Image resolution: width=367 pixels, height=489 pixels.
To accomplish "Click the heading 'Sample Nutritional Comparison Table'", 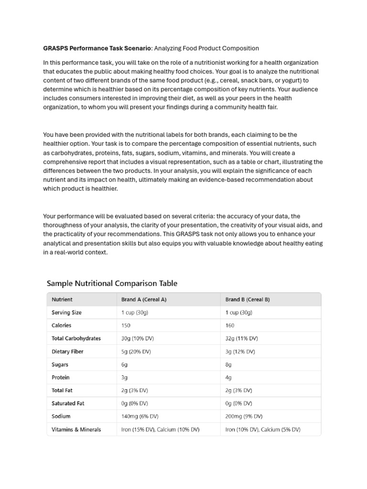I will click(x=112, y=283).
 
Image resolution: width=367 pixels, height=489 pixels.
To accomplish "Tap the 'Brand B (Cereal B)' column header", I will click(x=248, y=299).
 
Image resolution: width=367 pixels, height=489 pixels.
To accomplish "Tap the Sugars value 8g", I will click(x=228, y=364).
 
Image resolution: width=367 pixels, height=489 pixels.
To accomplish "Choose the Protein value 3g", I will click(x=125, y=377).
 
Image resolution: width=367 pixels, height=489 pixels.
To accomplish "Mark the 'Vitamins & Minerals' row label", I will click(x=76, y=429).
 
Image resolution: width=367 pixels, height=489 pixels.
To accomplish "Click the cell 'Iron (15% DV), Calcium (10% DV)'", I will click(x=161, y=429).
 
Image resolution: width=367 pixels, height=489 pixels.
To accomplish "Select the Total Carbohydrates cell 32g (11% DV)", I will click(x=241, y=338).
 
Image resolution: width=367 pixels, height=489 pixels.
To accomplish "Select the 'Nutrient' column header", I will click(x=62, y=299).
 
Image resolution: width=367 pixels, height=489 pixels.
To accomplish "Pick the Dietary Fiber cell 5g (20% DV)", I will click(x=136, y=351).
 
